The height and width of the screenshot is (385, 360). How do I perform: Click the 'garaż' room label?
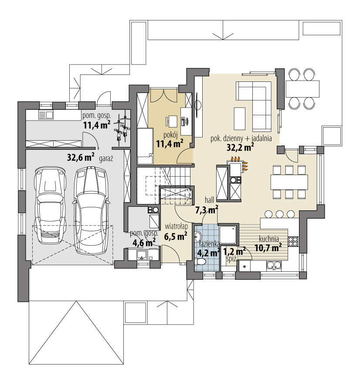(106, 159)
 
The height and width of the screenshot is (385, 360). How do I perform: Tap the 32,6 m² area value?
(81, 157)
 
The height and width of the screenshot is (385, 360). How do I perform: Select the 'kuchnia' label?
(268, 239)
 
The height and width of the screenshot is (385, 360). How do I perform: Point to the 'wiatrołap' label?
(176, 226)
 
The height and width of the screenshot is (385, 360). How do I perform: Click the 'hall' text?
(209, 200)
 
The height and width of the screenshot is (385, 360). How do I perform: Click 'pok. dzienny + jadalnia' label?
(241, 139)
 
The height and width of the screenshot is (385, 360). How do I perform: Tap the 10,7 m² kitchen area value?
(268, 247)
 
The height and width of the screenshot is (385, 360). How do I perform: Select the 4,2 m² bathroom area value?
(208, 253)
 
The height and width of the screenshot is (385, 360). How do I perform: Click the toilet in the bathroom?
(200, 262)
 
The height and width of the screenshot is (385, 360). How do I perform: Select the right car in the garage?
(91, 210)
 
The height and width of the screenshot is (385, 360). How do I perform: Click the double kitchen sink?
(275, 266)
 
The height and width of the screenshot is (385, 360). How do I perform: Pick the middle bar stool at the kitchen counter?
(280, 214)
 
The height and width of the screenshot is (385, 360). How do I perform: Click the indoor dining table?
(289, 182)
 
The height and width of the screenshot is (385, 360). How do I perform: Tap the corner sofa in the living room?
(254, 105)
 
